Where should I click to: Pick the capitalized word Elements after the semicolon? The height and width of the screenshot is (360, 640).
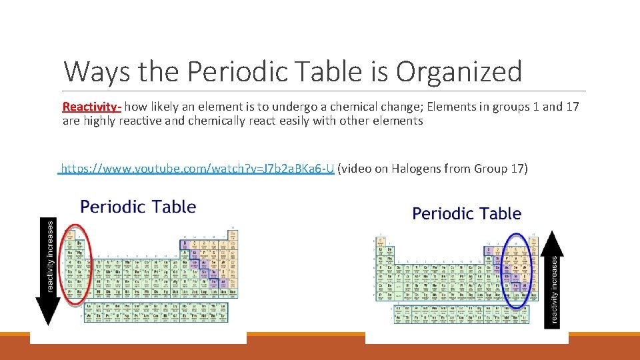[x=451, y=107]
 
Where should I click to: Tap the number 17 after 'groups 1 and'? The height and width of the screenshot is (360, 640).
[x=571, y=107]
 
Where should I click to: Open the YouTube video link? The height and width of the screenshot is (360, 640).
[x=197, y=169]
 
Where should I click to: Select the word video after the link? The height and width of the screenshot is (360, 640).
[x=356, y=169]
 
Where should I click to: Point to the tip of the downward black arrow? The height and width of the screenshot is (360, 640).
[x=48, y=323]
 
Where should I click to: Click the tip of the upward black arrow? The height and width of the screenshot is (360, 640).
[x=553, y=233]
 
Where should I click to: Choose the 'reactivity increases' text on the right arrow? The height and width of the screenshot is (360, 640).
[x=554, y=287]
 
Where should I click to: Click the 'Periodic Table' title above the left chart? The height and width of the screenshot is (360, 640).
[x=138, y=207]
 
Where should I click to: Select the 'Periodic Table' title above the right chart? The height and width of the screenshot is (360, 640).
[x=467, y=214]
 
